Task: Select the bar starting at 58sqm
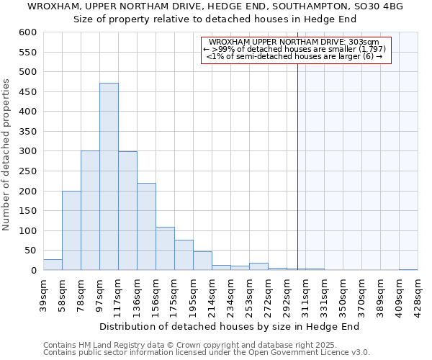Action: (71, 230)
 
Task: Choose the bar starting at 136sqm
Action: (146, 227)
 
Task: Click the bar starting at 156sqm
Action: (165, 248)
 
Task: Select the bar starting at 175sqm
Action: (184, 255)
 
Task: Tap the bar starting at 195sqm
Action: (202, 261)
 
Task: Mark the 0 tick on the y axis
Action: (33, 271)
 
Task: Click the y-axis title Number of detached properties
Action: (6, 156)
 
